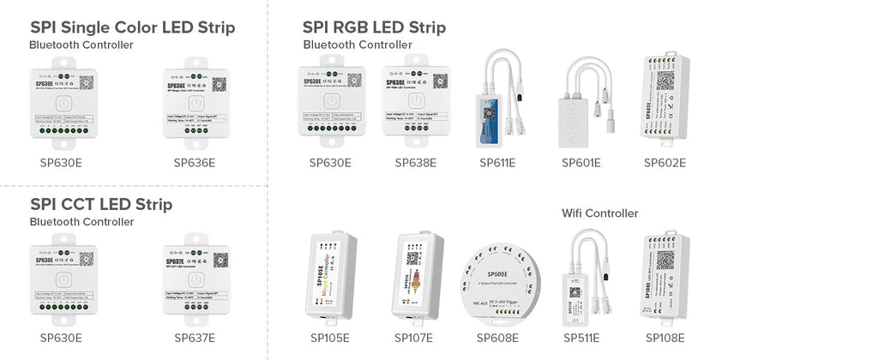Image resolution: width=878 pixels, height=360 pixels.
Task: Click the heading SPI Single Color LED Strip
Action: pyautogui.click(x=132, y=27)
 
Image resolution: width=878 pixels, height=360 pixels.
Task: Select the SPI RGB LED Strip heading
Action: pyautogui.click(x=374, y=27)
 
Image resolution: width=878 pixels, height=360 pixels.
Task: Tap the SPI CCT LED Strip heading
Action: pyautogui.click(x=101, y=204)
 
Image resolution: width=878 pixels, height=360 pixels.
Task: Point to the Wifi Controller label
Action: pyautogui.click(x=600, y=213)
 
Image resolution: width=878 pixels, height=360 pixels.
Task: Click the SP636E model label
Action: pyautogui.click(x=195, y=162)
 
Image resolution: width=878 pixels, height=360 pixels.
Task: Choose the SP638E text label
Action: pyautogui.click(x=416, y=162)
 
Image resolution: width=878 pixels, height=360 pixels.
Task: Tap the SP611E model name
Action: pyautogui.click(x=498, y=162)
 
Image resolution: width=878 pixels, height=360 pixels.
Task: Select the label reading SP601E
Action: pyautogui.click(x=580, y=162)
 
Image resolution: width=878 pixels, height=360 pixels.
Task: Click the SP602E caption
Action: pyautogui.click(x=665, y=162)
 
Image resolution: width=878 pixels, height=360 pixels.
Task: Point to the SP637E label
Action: pyautogui.click(x=195, y=338)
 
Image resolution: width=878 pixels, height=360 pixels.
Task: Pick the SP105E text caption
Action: pyautogui.click(x=329, y=338)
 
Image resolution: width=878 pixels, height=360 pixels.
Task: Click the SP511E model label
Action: pyautogui.click(x=581, y=338)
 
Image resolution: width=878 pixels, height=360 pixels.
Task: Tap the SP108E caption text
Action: pyautogui.click(x=665, y=338)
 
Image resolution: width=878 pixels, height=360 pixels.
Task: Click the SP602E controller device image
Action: pyautogui.click(x=665, y=99)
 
